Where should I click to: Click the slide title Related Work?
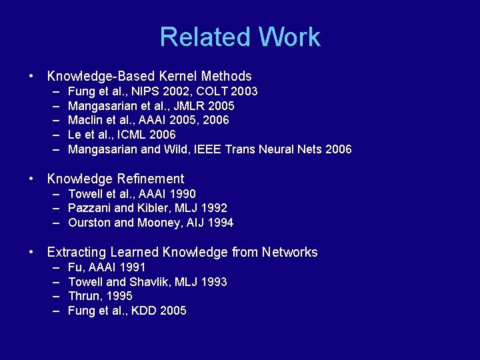pos(240,37)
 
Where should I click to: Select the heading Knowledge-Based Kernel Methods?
pos(149,76)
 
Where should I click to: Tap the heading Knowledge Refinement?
pos(115,179)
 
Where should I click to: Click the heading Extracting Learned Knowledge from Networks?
pos(182,252)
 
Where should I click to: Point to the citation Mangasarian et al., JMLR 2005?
pos(151,105)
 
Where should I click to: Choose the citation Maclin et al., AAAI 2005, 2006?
pos(148,120)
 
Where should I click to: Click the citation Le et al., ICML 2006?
pos(122,135)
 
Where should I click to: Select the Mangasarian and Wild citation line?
pos(209,149)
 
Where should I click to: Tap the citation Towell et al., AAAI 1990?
pos(132,193)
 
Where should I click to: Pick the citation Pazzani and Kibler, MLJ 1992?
pos(147,208)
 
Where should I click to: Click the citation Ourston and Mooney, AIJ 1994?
pos(151,223)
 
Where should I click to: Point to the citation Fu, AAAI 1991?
pos(107,267)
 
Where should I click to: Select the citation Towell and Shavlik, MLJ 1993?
pos(147,281)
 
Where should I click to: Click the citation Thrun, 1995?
pos(100,296)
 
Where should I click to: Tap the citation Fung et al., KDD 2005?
pos(127,311)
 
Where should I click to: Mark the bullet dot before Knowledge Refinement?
pos(32,179)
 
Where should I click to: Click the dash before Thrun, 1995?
pos(54,296)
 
